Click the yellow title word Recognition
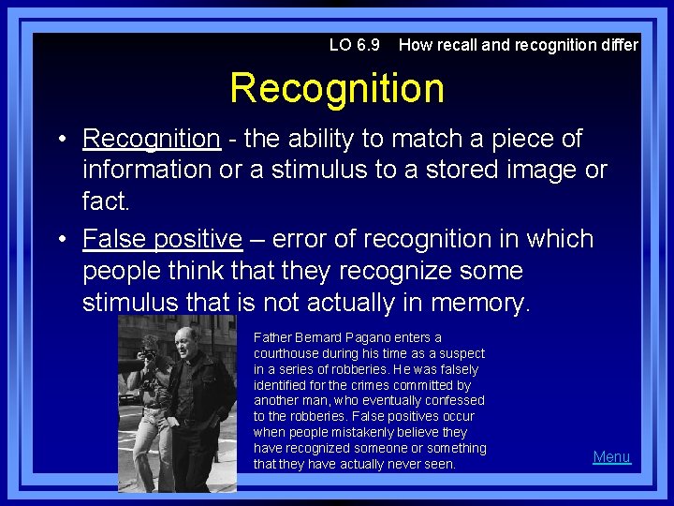click(337, 88)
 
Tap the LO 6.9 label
click(355, 45)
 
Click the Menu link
click(611, 456)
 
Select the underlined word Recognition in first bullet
click(151, 139)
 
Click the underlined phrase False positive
click(162, 239)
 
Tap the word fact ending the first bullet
click(103, 201)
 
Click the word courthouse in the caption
click(286, 353)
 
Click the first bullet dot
click(59, 140)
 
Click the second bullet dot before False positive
click(59, 240)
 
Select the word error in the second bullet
click(296, 239)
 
